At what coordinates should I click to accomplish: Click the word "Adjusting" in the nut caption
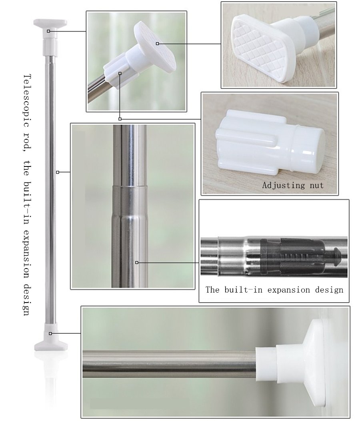284,186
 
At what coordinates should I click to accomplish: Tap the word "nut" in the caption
317,186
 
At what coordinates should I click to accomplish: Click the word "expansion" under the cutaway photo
288,290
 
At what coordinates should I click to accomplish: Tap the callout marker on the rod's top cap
48,31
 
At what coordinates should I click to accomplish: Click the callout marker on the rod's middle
58,172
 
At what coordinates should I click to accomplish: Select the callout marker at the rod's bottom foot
50,333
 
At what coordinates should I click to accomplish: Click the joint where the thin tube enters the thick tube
130,186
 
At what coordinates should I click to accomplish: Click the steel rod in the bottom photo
169,364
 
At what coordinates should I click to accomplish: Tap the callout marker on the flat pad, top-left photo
157,44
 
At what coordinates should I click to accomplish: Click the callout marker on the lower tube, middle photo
137,262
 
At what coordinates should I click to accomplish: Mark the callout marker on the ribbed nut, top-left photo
120,73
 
